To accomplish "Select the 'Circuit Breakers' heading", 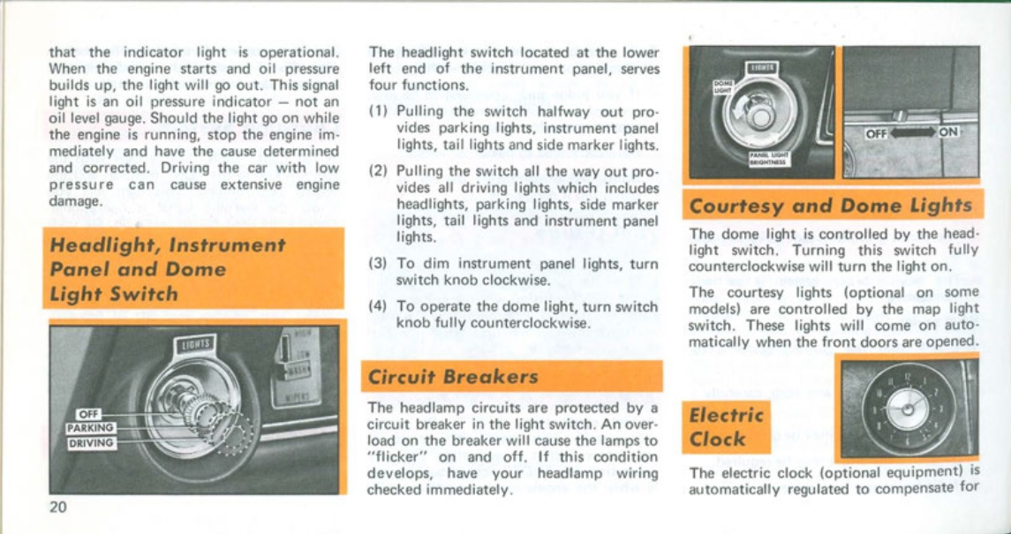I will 452,377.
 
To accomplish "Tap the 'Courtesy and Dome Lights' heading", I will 829,206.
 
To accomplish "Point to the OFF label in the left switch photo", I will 87,414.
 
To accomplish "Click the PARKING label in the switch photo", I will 91,428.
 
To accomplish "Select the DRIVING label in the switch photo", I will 91,443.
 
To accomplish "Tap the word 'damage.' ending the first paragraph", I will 76,200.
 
